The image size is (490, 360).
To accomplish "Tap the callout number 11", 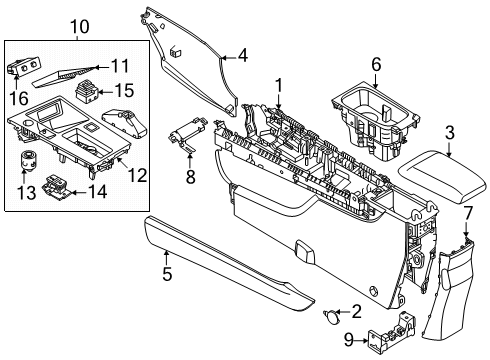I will click(120, 67).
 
